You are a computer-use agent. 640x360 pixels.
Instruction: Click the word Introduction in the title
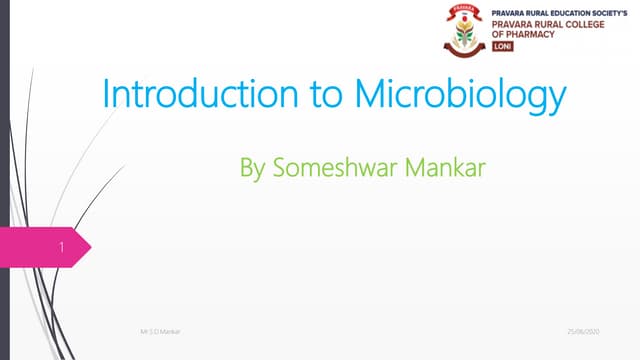(x=189, y=96)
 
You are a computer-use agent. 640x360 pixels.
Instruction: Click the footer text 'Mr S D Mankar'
(x=155, y=329)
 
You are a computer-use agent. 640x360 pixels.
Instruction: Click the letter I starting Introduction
(x=107, y=96)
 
